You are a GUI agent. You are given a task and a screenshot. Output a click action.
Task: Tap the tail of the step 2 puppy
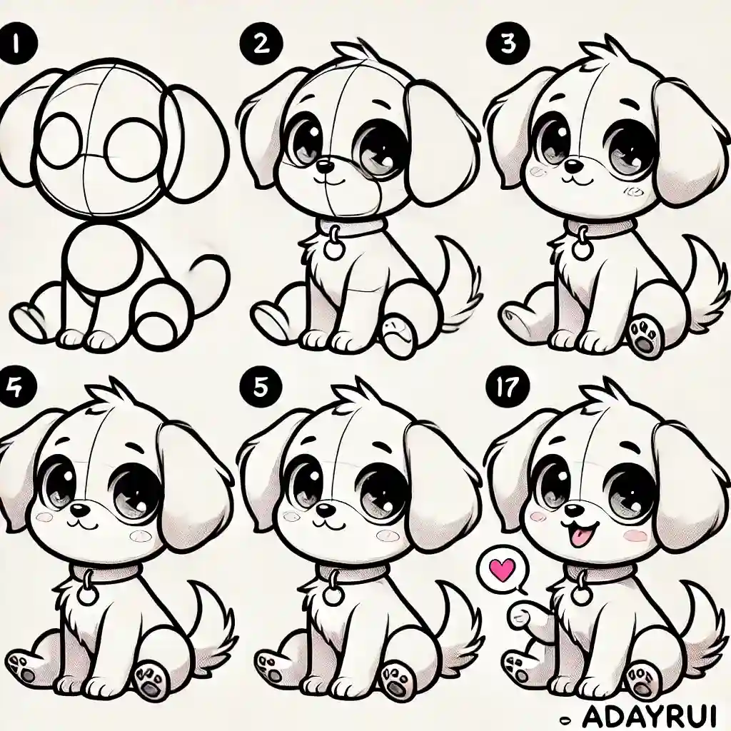(457, 286)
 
